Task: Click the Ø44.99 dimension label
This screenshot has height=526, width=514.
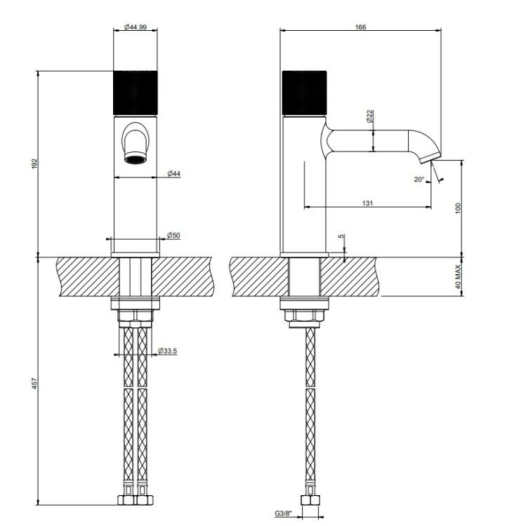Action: click(135, 27)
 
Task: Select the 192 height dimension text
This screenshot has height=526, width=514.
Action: click(35, 163)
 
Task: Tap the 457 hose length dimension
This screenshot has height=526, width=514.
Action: click(35, 384)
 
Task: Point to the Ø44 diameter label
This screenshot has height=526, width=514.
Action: click(173, 173)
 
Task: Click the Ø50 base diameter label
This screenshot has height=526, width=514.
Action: click(173, 235)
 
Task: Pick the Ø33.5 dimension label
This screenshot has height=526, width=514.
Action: click(167, 351)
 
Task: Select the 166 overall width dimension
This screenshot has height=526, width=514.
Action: click(360, 27)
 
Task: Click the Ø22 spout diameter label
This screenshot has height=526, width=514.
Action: click(370, 116)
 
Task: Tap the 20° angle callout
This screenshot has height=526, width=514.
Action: click(419, 180)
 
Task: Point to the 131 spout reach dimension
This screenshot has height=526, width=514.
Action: click(367, 203)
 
